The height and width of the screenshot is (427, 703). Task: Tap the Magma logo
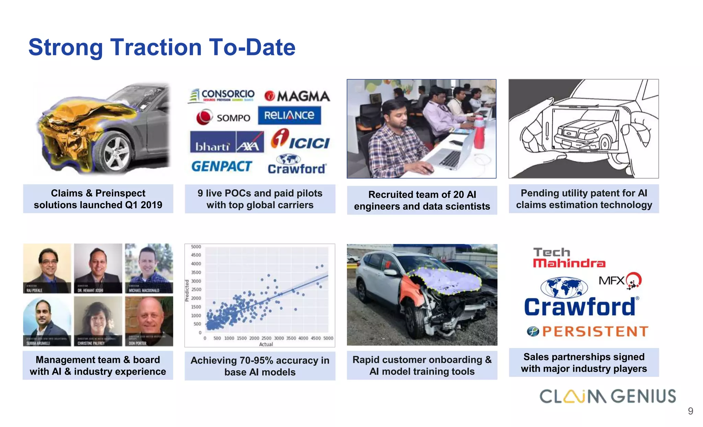(297, 96)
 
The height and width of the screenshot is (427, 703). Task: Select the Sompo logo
(223, 117)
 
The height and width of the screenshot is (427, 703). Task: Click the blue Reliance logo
(289, 115)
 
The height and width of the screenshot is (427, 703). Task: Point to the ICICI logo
(300, 140)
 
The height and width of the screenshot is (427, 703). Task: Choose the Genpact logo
(222, 167)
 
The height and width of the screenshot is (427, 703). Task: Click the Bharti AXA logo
(227, 142)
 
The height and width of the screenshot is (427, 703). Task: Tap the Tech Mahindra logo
(569, 258)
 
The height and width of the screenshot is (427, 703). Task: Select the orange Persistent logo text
(595, 332)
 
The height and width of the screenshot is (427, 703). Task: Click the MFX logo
(620, 281)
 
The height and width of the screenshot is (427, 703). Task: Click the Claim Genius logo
(608, 396)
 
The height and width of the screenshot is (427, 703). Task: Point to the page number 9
(690, 411)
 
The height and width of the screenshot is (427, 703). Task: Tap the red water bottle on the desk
(479, 133)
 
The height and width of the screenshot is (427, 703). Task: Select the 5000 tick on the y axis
(196, 247)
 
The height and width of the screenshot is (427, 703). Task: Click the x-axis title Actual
(266, 344)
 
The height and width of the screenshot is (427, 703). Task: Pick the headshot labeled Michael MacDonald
(149, 268)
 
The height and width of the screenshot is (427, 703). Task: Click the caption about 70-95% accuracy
(260, 366)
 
